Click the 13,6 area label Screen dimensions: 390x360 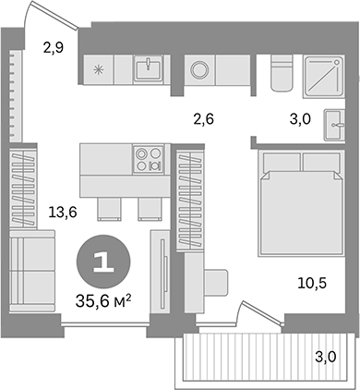click(x=62, y=212)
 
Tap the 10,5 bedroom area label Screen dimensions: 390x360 click(x=312, y=284)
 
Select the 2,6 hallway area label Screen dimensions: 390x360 click(x=204, y=116)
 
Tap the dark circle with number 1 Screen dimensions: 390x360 click(x=102, y=260)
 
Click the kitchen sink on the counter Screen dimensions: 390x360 click(x=147, y=68)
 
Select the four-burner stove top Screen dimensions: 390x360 click(x=147, y=158)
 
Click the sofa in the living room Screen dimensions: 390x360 click(x=32, y=275)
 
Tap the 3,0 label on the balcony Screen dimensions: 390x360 click(x=323, y=357)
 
